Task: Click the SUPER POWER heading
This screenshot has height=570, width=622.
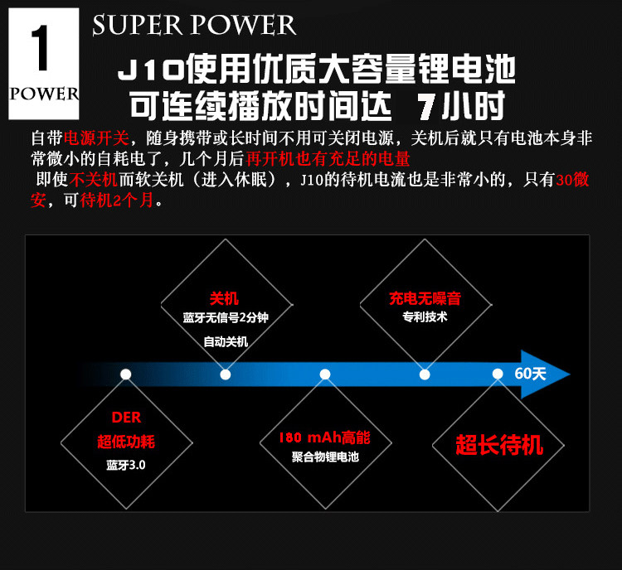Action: pos(194,25)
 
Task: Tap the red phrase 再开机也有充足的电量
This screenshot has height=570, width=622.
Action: pos(329,157)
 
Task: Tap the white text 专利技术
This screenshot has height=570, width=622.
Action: pos(425,317)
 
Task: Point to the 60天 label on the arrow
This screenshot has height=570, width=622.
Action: pos(530,373)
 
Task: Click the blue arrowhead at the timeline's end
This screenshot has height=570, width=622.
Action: pos(555,374)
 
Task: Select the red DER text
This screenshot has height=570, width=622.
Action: pos(125,418)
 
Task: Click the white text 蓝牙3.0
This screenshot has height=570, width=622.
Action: pos(125,465)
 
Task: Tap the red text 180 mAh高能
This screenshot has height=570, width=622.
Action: pos(324,437)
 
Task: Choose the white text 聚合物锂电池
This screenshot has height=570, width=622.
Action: pos(325,456)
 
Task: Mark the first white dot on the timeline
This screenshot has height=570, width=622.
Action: pos(125,374)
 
